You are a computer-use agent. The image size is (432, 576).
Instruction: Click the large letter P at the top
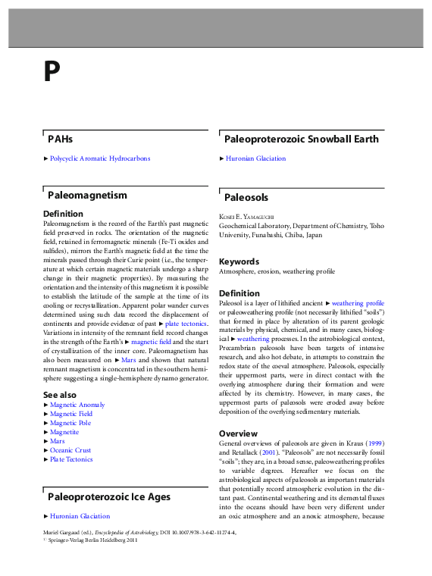coord(51,72)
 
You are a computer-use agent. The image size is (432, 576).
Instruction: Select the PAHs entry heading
coord(61,139)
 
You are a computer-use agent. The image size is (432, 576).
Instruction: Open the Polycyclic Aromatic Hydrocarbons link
coord(100,158)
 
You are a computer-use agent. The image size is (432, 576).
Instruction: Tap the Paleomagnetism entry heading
coord(87,196)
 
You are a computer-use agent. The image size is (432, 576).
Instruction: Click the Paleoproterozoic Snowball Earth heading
coord(302,139)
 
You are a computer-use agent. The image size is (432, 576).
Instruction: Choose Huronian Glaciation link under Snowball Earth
coord(255,158)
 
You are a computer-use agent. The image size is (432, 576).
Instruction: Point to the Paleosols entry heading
coord(246,197)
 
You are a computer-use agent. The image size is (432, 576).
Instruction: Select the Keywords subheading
coord(239,262)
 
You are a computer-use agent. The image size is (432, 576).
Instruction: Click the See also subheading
coord(60,395)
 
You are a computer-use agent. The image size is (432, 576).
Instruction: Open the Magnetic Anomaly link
coord(77,405)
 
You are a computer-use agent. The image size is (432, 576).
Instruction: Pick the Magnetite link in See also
coord(64,432)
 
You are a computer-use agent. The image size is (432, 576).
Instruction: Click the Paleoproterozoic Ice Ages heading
coord(109,497)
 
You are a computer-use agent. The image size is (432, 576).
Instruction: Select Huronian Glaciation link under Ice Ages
coord(80,516)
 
